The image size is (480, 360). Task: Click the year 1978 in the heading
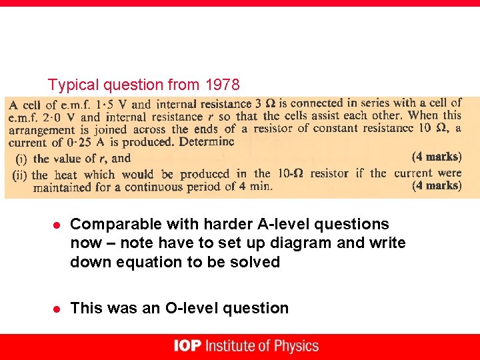click(x=221, y=85)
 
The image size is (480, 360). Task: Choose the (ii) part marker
click(x=20, y=174)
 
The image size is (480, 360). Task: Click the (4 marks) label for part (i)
click(x=437, y=157)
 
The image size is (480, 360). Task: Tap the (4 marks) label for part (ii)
click(x=437, y=185)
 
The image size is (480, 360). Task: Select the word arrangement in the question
click(x=41, y=130)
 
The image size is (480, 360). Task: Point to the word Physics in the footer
click(x=295, y=346)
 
